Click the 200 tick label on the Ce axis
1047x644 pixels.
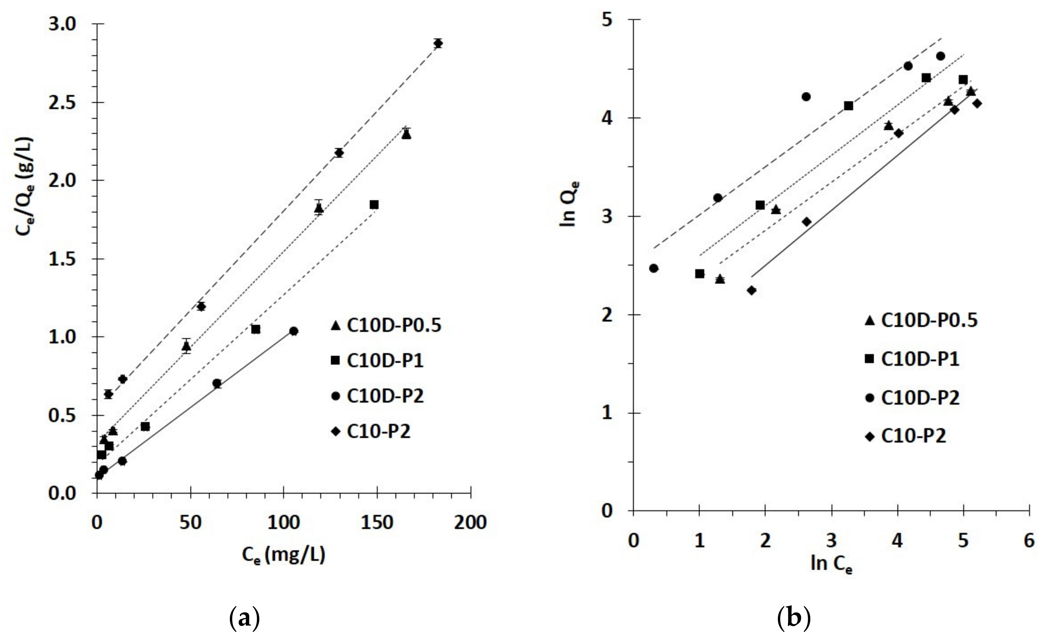coord(470,523)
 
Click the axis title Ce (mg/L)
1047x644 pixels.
coord(284,555)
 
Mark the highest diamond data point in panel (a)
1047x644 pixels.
coord(438,43)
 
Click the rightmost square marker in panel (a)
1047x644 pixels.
coord(374,205)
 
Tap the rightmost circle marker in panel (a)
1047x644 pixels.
coord(294,331)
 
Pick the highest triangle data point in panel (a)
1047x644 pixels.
coord(406,134)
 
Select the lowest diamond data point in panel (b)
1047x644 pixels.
coord(752,290)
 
